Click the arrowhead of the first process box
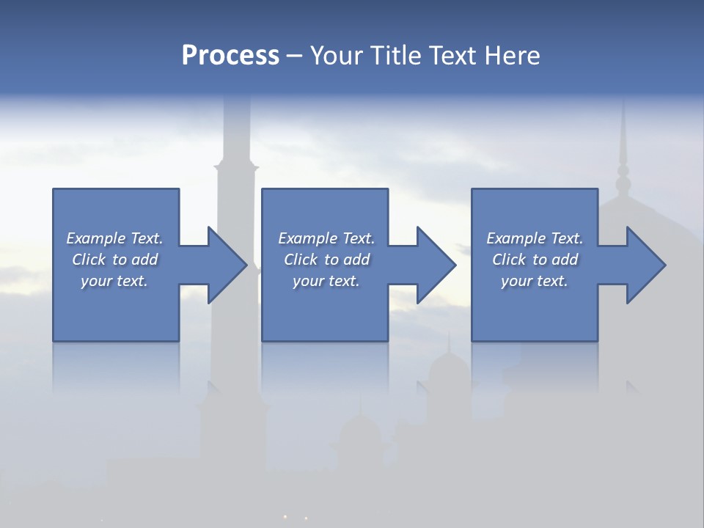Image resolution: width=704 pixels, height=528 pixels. coord(227,265)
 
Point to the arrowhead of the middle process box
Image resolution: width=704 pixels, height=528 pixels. coord(436,265)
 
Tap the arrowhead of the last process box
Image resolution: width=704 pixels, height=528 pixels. coord(645,265)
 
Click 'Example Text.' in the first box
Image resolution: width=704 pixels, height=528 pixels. coord(114,238)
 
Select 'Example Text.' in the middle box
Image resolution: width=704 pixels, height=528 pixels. coord(326,238)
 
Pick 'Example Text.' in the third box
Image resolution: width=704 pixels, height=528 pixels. coord(535,238)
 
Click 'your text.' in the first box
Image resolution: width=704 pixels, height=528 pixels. coord(114,281)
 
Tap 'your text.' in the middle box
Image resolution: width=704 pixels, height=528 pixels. coord(326,281)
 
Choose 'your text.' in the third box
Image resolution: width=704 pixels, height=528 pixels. coord(535,281)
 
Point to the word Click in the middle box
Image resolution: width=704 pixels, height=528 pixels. coord(301,260)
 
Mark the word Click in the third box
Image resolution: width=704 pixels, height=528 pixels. coord(509,260)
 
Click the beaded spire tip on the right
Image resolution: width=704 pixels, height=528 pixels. coord(623,176)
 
